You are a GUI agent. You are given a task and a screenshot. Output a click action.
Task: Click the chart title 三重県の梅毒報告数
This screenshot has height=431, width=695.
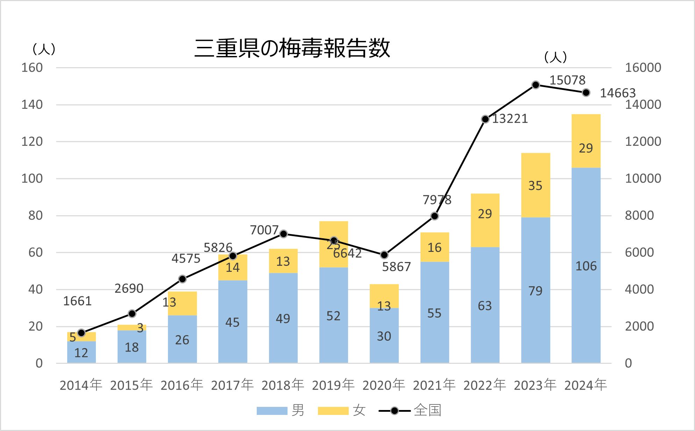(292, 48)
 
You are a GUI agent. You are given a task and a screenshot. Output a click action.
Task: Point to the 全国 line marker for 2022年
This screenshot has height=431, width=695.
(485, 119)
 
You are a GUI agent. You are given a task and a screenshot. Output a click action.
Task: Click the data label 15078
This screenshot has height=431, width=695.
(567, 80)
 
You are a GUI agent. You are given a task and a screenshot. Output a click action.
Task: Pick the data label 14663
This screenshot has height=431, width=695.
(617, 93)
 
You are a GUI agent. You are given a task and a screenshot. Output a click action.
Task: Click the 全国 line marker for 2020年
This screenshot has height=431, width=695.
(384, 255)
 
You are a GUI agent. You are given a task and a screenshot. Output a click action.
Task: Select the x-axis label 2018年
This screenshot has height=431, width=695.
(283, 385)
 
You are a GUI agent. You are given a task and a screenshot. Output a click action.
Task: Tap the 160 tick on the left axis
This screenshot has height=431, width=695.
(32, 68)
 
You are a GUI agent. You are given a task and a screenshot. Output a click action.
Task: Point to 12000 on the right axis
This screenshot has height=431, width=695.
(643, 141)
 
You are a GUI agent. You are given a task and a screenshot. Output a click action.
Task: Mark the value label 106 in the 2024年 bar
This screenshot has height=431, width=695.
(586, 266)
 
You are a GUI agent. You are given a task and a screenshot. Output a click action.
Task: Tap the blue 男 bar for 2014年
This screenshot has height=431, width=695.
(81, 352)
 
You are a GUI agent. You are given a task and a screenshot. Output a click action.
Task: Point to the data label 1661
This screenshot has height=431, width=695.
(77, 301)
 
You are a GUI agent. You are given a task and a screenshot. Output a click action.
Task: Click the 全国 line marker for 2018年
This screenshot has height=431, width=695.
(284, 234)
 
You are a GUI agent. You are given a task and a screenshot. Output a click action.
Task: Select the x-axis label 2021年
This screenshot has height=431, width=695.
(434, 385)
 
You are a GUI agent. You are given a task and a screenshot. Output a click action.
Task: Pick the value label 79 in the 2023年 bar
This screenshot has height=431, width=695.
(535, 291)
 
